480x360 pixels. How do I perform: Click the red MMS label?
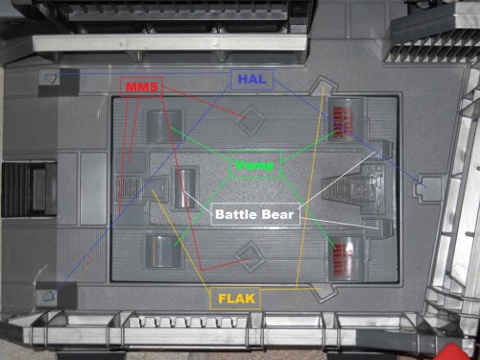coord(141,85)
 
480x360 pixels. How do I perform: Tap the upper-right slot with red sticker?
coord(344,123)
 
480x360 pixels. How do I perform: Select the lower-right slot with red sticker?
coord(344,257)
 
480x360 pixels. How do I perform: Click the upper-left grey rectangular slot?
coord(158,125)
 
